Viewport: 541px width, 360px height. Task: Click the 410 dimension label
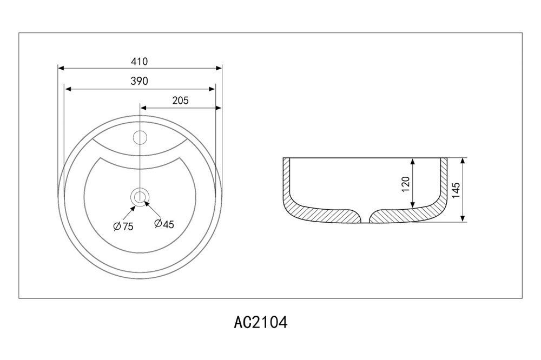point(140,62)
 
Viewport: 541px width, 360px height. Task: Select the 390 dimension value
point(140,81)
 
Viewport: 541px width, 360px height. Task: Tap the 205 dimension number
point(181,101)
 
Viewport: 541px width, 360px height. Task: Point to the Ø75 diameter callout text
point(123,226)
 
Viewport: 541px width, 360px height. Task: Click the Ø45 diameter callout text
point(164,224)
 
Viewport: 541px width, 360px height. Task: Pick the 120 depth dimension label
point(406,184)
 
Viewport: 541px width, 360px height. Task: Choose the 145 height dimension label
point(456,190)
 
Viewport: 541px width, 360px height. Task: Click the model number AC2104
point(261,323)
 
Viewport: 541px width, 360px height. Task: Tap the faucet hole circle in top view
point(140,138)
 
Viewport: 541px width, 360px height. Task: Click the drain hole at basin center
point(140,197)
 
